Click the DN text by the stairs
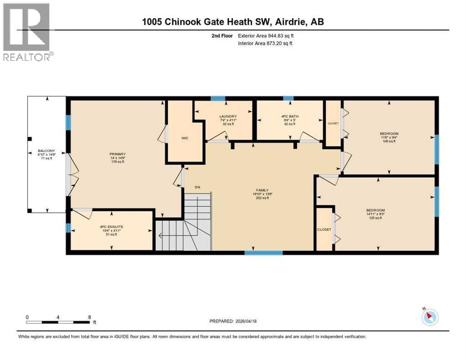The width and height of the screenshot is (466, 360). click(x=198, y=187)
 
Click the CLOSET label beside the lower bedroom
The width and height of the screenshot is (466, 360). click(x=324, y=229)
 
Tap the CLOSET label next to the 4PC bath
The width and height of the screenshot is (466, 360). click(x=333, y=123)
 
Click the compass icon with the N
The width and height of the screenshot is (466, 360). click(x=429, y=317)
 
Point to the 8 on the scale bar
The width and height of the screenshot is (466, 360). click(x=89, y=317)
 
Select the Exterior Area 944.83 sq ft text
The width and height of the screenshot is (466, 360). click(x=266, y=35)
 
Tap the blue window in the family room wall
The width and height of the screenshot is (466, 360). click(x=263, y=253)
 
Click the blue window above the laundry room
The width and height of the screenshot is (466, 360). click(x=218, y=98)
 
